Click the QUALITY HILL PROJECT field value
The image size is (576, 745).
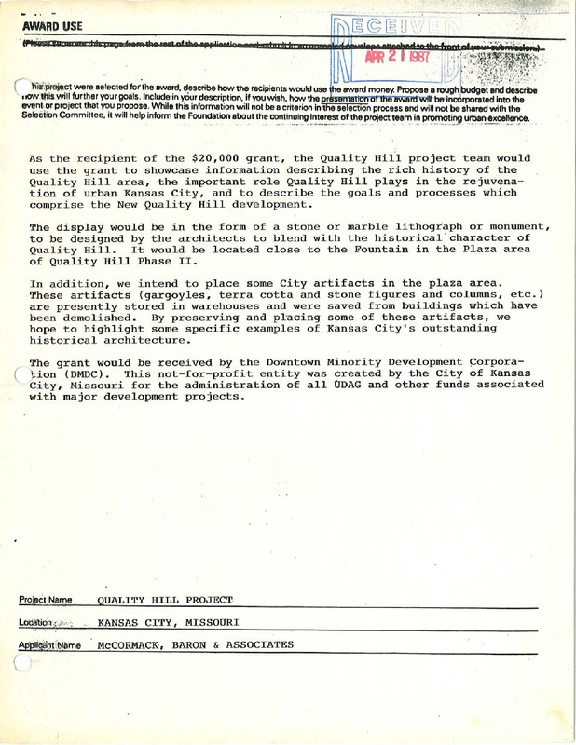[x=165, y=599]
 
